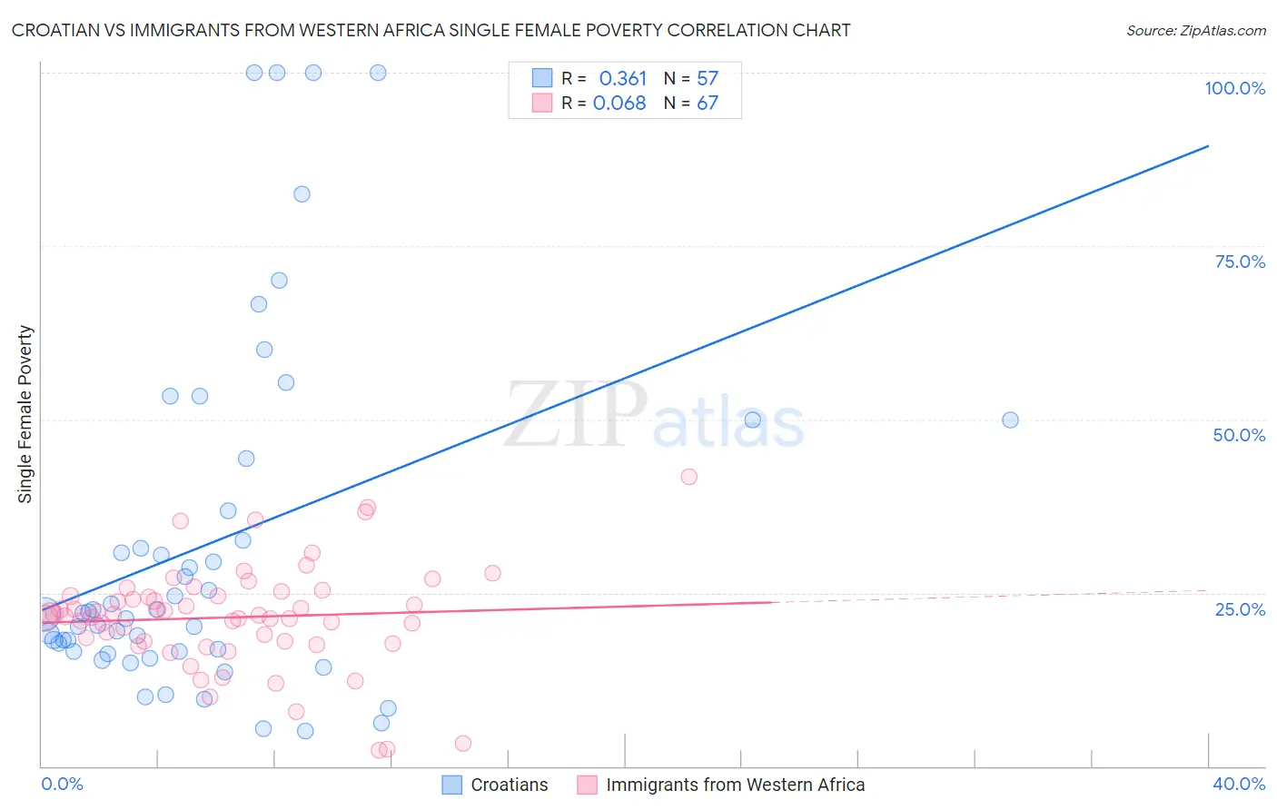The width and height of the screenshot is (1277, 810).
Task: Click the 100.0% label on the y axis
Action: coord(1234,88)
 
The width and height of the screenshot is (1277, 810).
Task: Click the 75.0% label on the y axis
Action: coord(1240,262)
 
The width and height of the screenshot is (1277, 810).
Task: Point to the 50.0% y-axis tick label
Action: coord(1239,435)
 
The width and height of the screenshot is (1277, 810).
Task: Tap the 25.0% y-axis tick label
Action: coord(1240,609)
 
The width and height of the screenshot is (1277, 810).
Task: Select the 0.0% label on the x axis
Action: coord(62,784)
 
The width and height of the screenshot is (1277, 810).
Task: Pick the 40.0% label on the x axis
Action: coord(1239,784)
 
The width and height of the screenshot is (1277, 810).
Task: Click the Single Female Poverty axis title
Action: coord(25,414)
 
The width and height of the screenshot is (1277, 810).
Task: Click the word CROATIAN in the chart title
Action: coord(58,30)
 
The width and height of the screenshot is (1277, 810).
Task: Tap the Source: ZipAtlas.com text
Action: coord(1195,30)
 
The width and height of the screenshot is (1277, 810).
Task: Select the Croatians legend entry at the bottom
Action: coord(509,785)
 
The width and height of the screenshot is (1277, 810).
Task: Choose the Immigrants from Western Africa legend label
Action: coord(735,785)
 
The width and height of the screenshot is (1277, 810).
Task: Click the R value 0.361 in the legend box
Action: coord(622,79)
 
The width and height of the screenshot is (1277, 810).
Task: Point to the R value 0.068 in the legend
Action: coord(619,104)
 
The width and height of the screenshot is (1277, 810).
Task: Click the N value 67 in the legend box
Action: coord(708,104)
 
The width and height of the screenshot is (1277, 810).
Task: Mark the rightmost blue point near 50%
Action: coord(1010,420)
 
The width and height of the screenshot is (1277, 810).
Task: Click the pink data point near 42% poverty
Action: coord(688,477)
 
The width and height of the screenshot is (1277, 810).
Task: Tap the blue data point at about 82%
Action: coord(302,194)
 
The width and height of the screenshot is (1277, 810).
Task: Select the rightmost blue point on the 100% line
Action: coord(378,73)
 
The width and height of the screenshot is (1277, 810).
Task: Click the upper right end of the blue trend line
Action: coord(1208,145)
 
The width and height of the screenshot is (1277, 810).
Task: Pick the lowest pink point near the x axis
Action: coord(379,750)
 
